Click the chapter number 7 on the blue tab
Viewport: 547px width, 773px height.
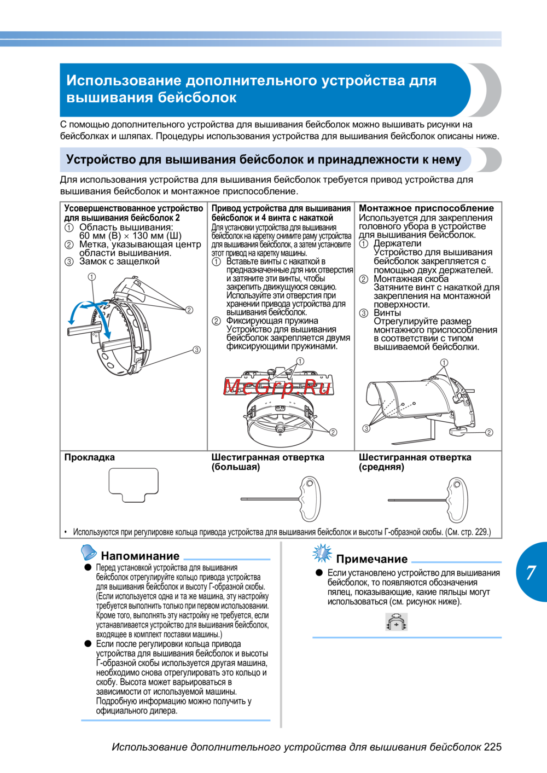pyautogui.click(x=531, y=572)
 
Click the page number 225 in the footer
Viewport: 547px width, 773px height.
pyautogui.click(x=492, y=747)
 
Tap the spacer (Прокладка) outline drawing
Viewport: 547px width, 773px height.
pyautogui.click(x=133, y=485)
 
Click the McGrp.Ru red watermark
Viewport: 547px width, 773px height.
pyautogui.click(x=277, y=387)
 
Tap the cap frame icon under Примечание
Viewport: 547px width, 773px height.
pyautogui.click(x=397, y=622)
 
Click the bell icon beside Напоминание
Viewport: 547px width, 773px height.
pyautogui.click(x=89, y=553)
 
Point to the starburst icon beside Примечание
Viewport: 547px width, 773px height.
pyautogui.click(x=322, y=554)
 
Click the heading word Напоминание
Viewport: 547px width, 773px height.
pyautogui.click(x=140, y=556)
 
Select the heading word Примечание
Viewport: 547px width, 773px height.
pyautogui.click(x=372, y=559)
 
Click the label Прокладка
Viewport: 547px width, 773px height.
pyautogui.click(x=90, y=457)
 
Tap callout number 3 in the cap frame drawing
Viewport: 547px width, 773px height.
pyautogui.click(x=196, y=350)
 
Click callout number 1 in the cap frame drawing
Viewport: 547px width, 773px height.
pyautogui.click(x=92, y=277)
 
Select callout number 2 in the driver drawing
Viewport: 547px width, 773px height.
pyautogui.click(x=333, y=432)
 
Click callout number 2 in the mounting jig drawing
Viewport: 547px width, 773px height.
pyautogui.click(x=489, y=432)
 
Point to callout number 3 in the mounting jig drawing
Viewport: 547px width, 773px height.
pyautogui.click(x=366, y=428)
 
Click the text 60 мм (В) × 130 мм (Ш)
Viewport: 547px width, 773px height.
pyautogui.click(x=130, y=236)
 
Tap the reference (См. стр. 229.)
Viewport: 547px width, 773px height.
pyautogui.click(x=468, y=532)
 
